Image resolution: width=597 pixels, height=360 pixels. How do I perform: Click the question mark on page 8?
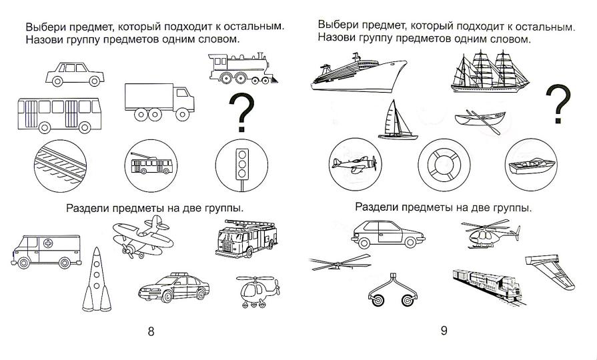click(x=242, y=113)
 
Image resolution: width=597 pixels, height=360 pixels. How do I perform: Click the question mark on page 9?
click(x=559, y=104)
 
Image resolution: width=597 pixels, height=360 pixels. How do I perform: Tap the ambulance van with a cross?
click(x=45, y=249)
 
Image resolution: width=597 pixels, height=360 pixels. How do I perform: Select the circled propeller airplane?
click(x=354, y=164)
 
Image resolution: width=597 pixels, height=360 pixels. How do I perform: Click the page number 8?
click(x=151, y=331)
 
